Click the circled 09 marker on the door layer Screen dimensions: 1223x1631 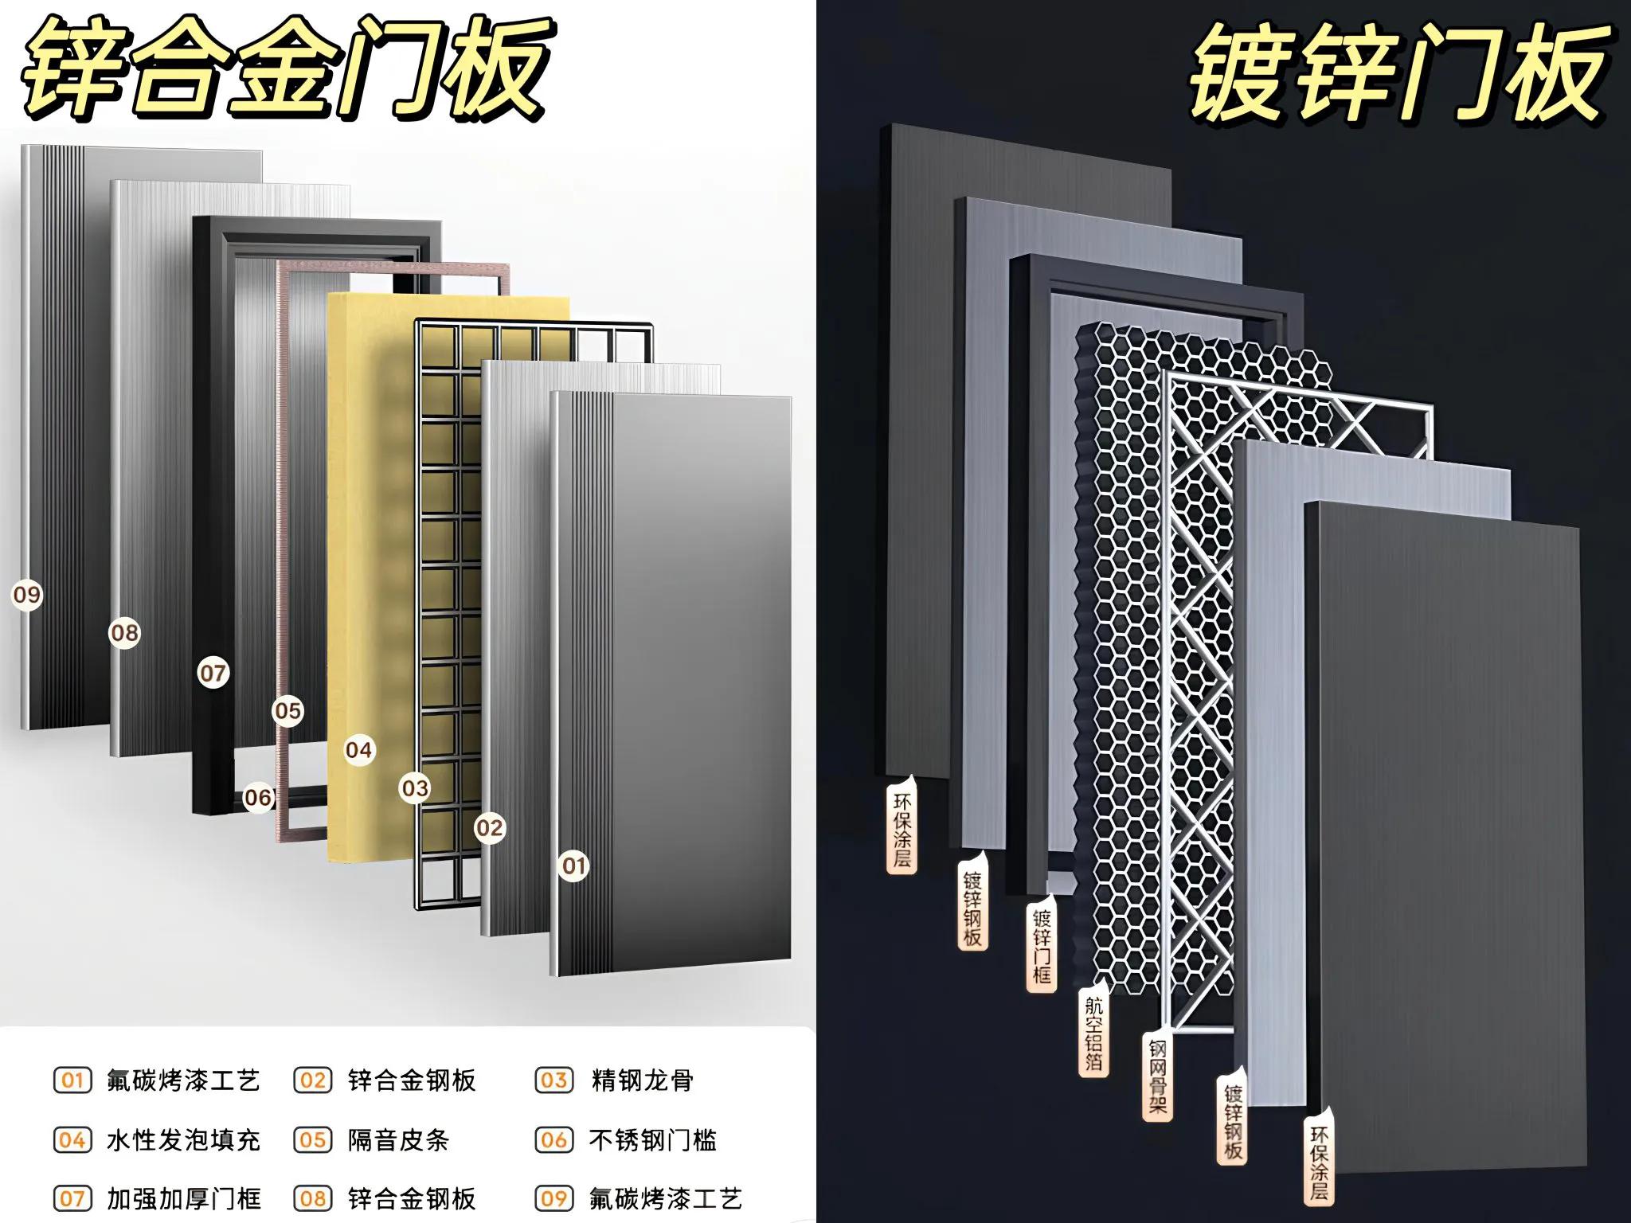(26, 595)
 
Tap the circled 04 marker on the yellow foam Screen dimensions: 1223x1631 (358, 750)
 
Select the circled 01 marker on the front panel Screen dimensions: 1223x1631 (573, 865)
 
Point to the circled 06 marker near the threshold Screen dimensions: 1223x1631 (258, 797)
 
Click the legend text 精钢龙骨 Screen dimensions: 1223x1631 (642, 1080)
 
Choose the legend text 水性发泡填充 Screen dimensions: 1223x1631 (183, 1140)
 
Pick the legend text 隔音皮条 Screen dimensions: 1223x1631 (398, 1140)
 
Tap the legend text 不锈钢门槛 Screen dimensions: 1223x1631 (652, 1140)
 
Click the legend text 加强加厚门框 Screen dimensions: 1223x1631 (183, 1198)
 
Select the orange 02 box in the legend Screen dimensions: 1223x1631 (312, 1080)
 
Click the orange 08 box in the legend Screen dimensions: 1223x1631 (312, 1198)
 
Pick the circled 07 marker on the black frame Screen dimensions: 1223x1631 (213, 673)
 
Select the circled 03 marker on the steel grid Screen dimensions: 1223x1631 (415, 788)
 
